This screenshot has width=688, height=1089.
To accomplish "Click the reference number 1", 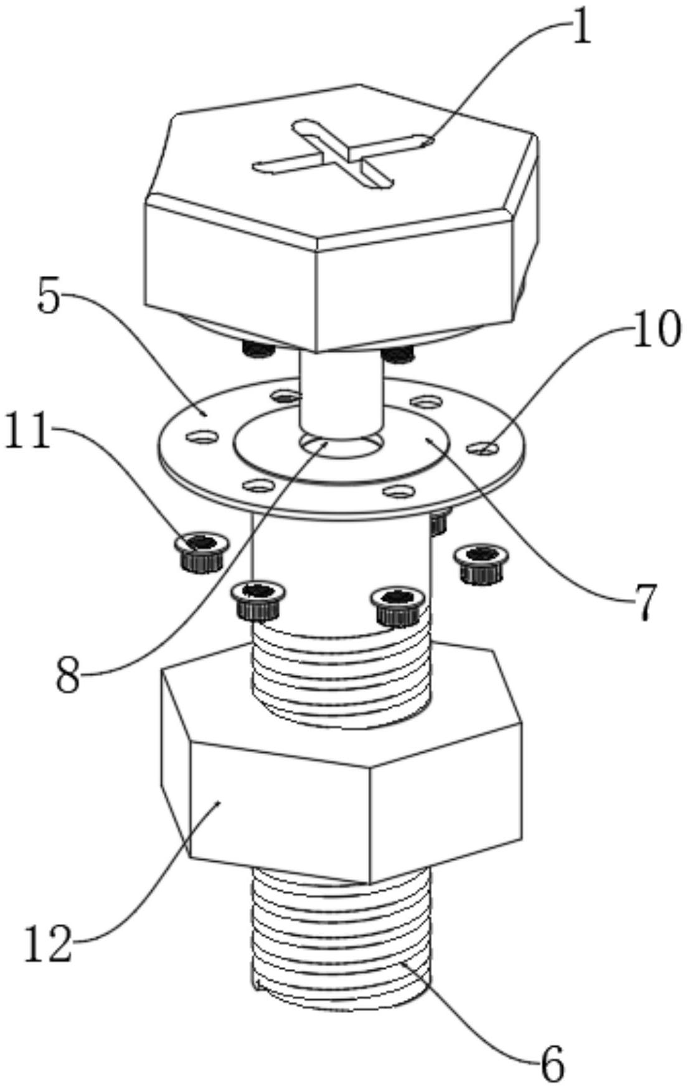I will pos(580,30).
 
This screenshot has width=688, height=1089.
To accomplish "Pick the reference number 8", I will pos(68,676).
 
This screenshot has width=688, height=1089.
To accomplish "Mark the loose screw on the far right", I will pos(481,562).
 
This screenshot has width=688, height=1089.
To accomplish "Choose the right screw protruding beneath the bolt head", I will pos(399,354).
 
